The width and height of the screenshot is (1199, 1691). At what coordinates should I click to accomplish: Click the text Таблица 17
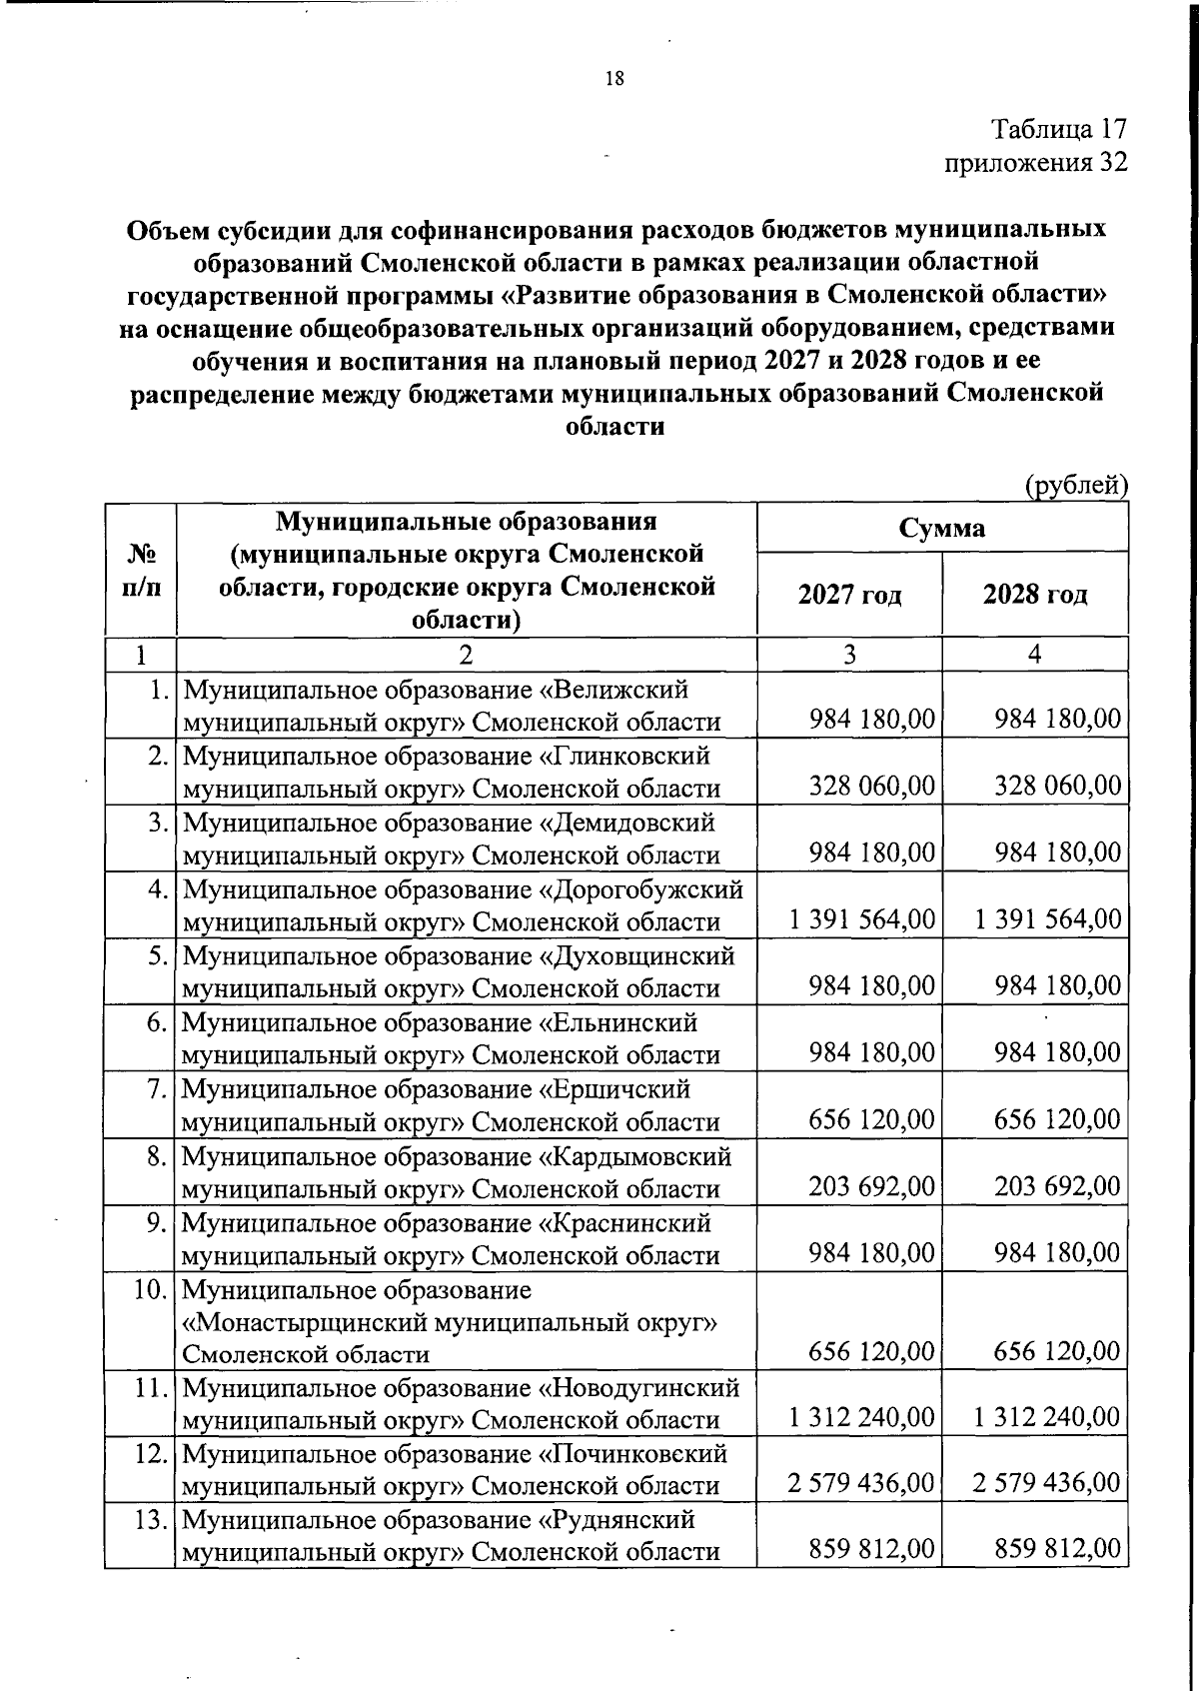[1059, 129]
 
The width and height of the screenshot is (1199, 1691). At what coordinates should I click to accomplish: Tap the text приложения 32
[1036, 162]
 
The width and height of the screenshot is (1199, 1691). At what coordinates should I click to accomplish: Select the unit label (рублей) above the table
[1077, 486]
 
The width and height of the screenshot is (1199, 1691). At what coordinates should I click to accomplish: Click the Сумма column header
[941, 527]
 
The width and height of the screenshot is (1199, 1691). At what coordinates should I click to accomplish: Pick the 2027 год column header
[849, 596]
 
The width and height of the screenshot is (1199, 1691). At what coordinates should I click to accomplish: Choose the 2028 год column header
[1035, 596]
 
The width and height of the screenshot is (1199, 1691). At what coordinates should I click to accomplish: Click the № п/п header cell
[141, 570]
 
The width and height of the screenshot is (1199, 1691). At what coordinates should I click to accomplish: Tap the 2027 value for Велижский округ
[871, 720]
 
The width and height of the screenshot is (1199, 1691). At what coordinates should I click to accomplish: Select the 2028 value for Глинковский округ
[1057, 786]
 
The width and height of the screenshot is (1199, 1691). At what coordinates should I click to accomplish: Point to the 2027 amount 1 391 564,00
[861, 919]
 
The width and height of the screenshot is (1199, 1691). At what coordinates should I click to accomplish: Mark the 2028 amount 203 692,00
[1057, 1186]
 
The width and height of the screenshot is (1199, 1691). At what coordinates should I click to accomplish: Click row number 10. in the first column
[151, 1289]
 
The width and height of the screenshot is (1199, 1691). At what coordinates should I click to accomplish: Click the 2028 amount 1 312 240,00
[1047, 1418]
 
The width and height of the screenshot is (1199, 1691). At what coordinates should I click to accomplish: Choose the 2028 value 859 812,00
[1057, 1551]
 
